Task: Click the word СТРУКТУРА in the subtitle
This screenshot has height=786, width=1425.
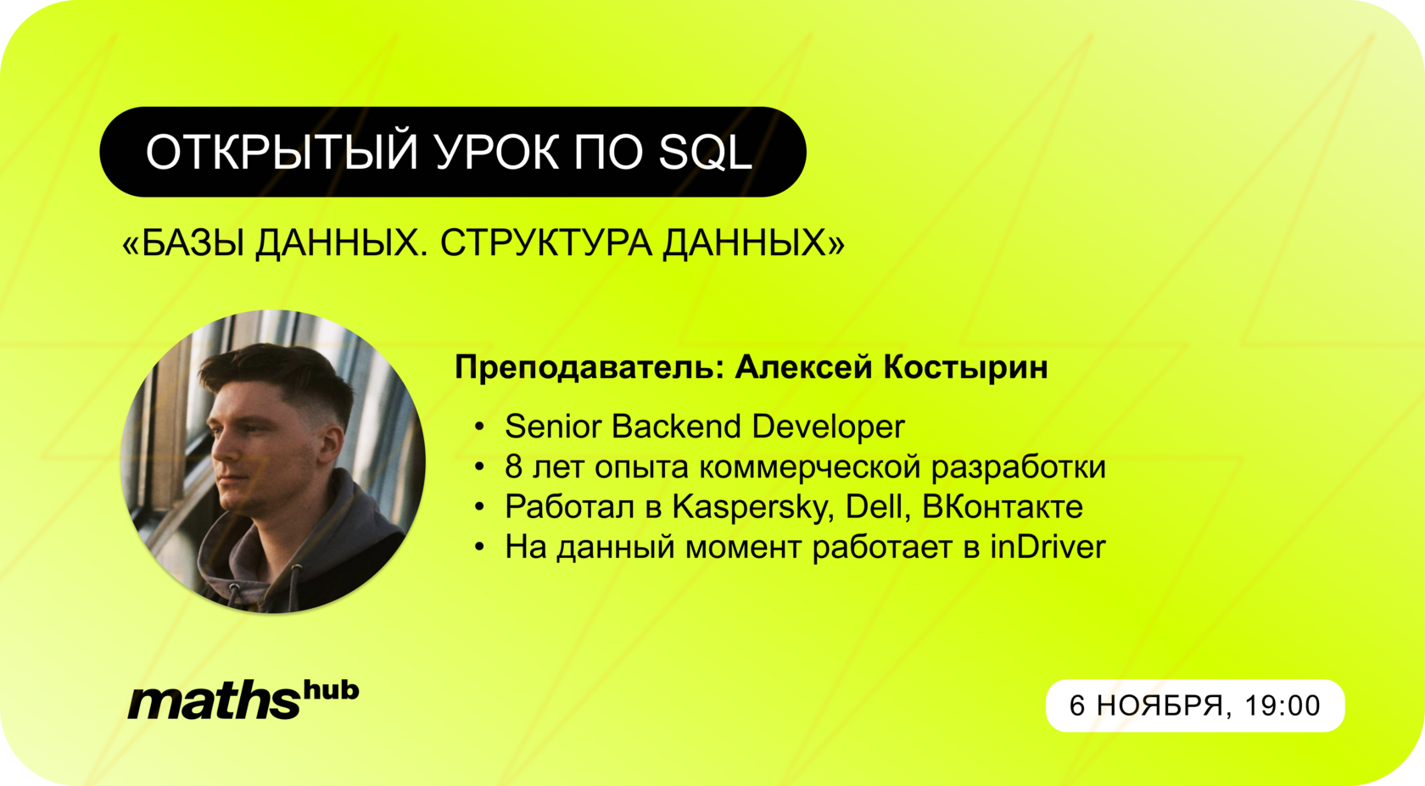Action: click(x=546, y=243)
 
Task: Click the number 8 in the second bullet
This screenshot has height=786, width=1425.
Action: click(x=513, y=466)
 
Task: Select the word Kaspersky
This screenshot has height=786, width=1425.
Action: click(x=754, y=507)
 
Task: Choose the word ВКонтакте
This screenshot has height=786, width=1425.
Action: click(x=1002, y=507)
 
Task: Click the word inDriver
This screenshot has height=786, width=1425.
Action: click(x=1048, y=547)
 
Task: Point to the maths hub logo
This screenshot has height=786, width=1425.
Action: click(x=243, y=700)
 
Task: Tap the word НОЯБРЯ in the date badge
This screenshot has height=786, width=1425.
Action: click(x=1160, y=705)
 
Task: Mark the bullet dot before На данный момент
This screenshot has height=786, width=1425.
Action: click(x=480, y=547)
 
